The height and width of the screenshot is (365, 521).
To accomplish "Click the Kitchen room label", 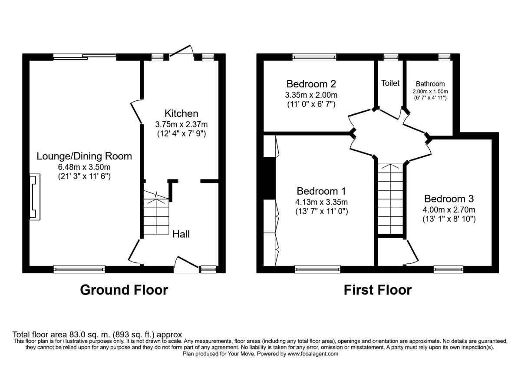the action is (x=181, y=113).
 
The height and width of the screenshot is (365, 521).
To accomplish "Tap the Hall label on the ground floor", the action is (x=181, y=234).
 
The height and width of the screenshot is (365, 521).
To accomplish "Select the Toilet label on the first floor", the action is (x=390, y=83).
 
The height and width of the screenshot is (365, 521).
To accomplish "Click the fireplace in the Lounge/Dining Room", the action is (x=35, y=197).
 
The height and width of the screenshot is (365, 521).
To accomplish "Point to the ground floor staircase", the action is (x=156, y=213).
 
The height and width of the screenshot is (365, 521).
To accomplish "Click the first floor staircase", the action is (x=390, y=199).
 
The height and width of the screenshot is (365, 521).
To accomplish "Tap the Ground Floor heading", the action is (x=124, y=290).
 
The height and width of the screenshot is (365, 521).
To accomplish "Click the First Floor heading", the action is (x=378, y=290).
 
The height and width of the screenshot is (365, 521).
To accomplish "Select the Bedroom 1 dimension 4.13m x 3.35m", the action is (x=321, y=202).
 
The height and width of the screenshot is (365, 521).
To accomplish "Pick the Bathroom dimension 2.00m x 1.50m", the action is (x=430, y=92).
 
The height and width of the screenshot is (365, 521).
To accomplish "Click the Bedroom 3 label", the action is (x=449, y=199).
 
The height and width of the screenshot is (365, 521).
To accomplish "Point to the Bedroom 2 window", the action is (x=314, y=57).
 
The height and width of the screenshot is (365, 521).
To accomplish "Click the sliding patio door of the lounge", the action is (x=85, y=56).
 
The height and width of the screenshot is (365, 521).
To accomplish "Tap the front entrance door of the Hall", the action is (x=186, y=265).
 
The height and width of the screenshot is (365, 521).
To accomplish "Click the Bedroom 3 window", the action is (x=448, y=269).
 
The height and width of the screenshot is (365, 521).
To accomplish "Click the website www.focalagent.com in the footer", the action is (x=313, y=354).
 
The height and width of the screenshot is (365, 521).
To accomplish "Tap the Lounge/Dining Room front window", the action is (x=79, y=269).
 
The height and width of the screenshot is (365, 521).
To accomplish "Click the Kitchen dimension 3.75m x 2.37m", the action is (x=181, y=125).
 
